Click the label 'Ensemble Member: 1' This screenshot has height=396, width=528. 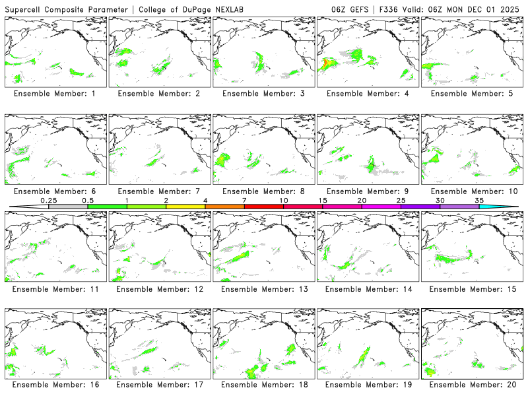point(57,94)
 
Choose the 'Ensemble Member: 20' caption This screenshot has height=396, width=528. point(473,384)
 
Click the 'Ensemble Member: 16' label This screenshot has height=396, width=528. point(57,384)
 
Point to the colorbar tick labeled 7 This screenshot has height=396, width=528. point(244,200)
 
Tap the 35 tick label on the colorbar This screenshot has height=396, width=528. point(479,200)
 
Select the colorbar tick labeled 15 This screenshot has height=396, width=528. point(322,200)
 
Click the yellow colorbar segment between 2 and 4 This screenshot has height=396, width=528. point(185,207)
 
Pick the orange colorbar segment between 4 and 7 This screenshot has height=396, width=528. point(224,207)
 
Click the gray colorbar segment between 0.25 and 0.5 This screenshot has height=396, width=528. point(68,207)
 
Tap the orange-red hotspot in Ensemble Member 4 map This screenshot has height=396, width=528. point(326,63)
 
